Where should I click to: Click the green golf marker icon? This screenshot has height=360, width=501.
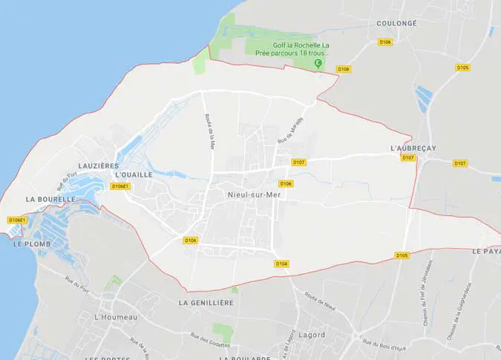click(318, 64)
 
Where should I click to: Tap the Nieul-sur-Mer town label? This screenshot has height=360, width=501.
click(250, 194)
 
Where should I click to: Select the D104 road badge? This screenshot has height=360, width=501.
click(281, 264)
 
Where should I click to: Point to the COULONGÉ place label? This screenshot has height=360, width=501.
click(396, 24)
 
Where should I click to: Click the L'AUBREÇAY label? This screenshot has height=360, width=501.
click(413, 148)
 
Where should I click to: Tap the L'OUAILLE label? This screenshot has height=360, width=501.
click(134, 175)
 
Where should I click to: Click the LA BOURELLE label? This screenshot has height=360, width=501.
click(50, 200)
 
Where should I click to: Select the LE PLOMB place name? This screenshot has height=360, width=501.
click(30, 243)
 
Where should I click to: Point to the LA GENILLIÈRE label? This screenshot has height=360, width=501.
click(206, 303)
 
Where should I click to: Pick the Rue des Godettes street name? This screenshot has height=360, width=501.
click(210, 341)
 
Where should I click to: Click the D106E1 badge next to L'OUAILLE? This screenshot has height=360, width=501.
click(120, 186)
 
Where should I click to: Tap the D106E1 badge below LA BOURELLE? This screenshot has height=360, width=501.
click(17, 220)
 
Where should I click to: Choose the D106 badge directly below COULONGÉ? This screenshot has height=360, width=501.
click(385, 42)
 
